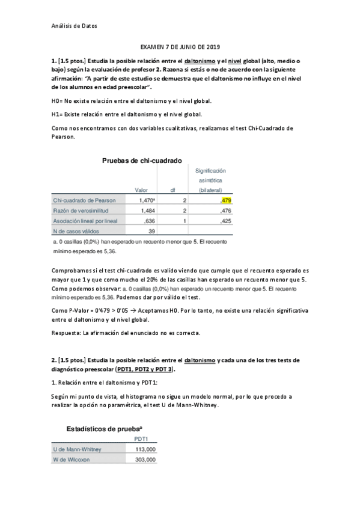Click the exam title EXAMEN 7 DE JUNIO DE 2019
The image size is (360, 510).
tap(180, 46)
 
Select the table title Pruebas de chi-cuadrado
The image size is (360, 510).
tap(142, 160)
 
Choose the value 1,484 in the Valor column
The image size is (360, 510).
tap(147, 210)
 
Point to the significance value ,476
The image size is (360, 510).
tap(227, 210)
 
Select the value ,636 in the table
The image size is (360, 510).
tap(149, 221)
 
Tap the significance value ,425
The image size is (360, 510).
tap(227, 221)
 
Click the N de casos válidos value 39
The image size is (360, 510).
tap(151, 231)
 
